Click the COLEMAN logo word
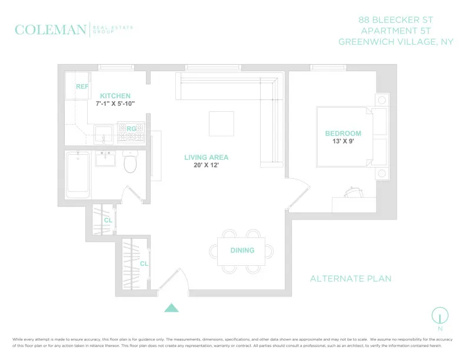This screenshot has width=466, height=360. click(x=50, y=30)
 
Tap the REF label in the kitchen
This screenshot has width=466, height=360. click(x=82, y=86)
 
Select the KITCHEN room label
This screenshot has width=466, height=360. click(x=115, y=96)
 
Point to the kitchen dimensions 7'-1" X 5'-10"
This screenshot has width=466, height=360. click(x=115, y=104)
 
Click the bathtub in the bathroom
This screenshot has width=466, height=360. click(x=78, y=174)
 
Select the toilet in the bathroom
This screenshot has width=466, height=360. click(x=130, y=163)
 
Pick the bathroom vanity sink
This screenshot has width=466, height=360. click(x=106, y=159)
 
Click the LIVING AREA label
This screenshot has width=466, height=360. click(x=206, y=158)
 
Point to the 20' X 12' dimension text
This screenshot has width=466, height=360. click(x=206, y=166)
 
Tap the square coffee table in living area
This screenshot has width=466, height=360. click(x=221, y=124)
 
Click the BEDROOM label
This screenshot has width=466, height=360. click(x=343, y=134)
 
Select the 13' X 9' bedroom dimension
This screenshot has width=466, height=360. click(x=343, y=142)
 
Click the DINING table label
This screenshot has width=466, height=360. click(x=242, y=251)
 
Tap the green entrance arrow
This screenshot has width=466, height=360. click(x=171, y=307)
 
